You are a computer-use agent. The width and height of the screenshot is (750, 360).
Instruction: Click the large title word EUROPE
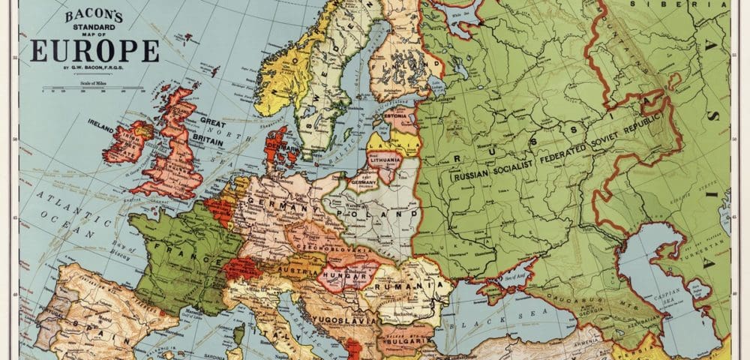coord(94,51)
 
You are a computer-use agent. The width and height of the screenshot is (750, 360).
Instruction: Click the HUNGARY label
coord(346,275)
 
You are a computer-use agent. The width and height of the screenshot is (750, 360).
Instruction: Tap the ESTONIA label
coord(395,116)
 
